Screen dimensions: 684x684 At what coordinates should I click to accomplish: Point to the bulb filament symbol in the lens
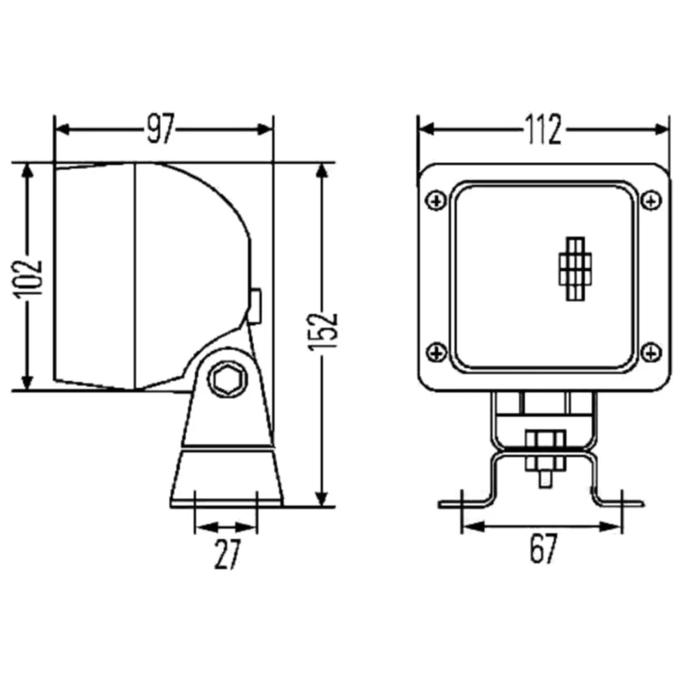tap(576, 268)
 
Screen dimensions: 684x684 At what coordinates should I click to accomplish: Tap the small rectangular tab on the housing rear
tap(255, 305)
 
